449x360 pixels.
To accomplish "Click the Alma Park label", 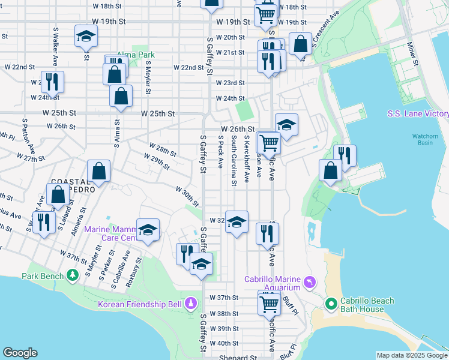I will [x=136, y=54].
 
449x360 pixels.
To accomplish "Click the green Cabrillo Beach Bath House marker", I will [x=330, y=304].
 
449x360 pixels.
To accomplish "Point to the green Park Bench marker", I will [x=73, y=275].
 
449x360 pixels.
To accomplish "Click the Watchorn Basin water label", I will [x=425, y=140].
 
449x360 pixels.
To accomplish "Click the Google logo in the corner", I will [x=20, y=353].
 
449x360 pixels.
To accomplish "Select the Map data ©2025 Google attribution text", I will [x=411, y=355].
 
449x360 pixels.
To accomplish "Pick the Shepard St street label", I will [x=238, y=356].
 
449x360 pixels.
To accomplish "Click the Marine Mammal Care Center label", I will [x=114, y=233].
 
